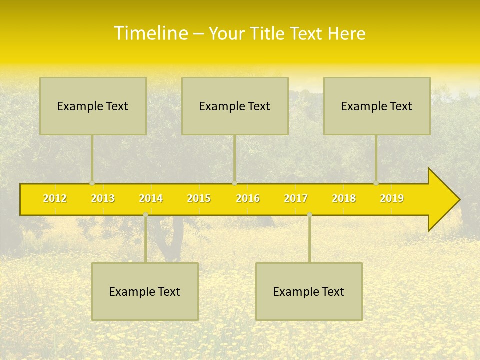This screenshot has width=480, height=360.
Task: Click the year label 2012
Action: [x=55, y=198]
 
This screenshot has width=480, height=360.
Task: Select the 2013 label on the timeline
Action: [x=103, y=198]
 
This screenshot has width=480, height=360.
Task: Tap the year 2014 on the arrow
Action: [x=151, y=198]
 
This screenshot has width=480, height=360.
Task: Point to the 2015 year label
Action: [x=199, y=198]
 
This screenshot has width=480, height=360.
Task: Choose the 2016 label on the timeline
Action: [x=248, y=198]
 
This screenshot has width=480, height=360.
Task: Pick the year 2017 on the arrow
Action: [x=296, y=198]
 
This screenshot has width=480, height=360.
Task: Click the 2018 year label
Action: [x=344, y=198]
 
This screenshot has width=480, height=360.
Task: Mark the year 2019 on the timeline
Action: [x=392, y=198]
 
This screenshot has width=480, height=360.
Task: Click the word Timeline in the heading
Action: [x=150, y=33]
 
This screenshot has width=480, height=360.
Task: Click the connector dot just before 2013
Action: [x=92, y=183]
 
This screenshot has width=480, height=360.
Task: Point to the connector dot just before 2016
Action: [x=234, y=183]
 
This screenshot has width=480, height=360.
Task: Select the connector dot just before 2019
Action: [x=376, y=183]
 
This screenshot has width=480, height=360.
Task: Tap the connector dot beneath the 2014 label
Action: [x=145, y=214]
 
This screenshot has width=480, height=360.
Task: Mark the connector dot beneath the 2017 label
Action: [x=309, y=214]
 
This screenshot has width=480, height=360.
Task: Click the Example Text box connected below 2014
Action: [x=145, y=291]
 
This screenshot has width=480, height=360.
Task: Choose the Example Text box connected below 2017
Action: [x=309, y=291]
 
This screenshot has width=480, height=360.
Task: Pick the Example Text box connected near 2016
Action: [x=235, y=106]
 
